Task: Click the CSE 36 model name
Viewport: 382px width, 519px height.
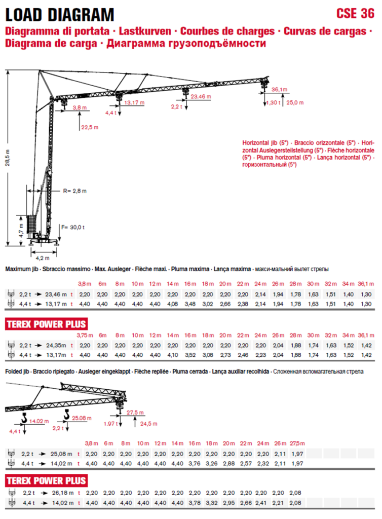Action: coord(355,14)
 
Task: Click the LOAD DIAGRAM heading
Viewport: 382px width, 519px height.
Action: coord(60,15)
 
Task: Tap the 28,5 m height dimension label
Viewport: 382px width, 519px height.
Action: coord(8,158)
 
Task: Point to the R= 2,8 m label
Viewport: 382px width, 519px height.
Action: coord(75,191)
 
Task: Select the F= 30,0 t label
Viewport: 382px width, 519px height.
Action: coord(73,228)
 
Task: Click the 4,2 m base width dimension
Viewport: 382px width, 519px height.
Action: coord(43,258)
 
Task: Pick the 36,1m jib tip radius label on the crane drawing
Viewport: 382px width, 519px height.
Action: coord(280,89)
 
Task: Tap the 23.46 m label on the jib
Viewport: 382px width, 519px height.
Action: coord(201,97)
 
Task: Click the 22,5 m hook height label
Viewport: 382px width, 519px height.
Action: coord(90,127)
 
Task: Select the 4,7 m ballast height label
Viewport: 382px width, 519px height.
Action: coord(21,231)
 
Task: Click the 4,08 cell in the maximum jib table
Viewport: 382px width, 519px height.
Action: coord(172,304)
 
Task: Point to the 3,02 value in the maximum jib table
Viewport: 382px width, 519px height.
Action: coord(208,304)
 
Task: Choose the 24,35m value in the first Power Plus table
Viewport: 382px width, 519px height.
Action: coord(56,346)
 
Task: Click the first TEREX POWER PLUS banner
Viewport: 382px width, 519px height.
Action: coord(46,324)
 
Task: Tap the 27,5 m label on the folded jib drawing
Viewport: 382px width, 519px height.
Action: coord(135,413)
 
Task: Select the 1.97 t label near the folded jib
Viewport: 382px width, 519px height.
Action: coord(109,424)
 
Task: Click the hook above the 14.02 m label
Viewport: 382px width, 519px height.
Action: coord(24,418)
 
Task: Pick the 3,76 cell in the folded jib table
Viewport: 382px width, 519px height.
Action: coord(195,464)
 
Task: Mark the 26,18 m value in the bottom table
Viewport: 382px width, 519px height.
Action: coord(62,493)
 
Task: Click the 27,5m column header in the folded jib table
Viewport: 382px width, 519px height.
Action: coord(297,443)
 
